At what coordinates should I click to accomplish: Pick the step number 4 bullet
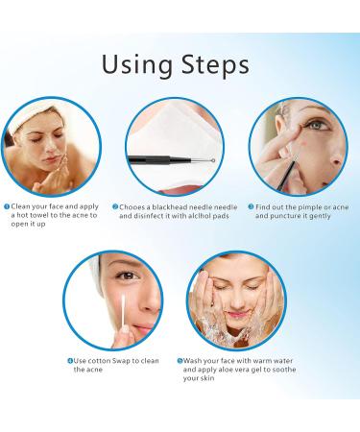(x=69, y=361)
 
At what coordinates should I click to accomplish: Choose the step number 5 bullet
(x=180, y=361)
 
